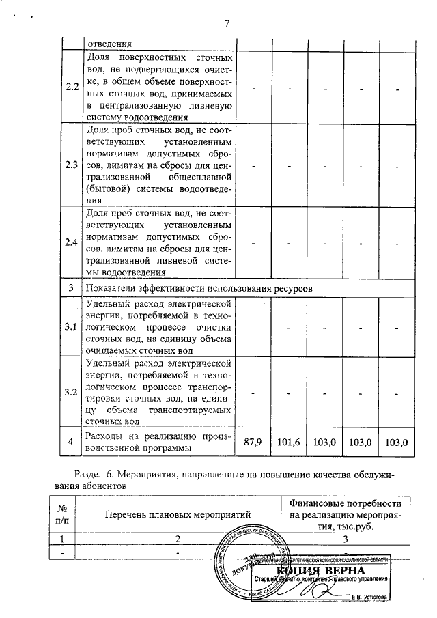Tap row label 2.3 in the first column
[x=71, y=165]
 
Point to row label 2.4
[x=71, y=243]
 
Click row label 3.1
[x=71, y=326]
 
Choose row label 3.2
[x=71, y=392]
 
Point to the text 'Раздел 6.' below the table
[x=95, y=473]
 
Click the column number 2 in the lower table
[x=178, y=539]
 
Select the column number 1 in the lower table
[x=62, y=539]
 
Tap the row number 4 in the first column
[x=71, y=443]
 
